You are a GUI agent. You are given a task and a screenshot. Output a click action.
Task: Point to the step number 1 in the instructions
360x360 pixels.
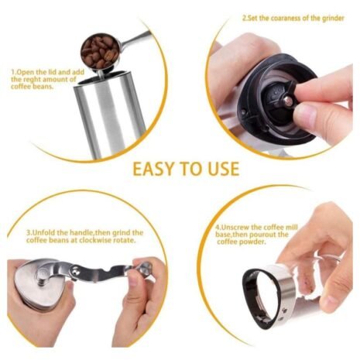[x=13, y=71]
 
